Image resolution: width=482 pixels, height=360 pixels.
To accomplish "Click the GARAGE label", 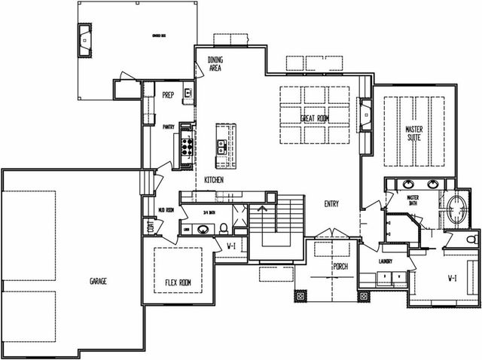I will pyautogui.click(x=98, y=281).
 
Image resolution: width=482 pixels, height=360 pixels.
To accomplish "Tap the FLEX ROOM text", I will pyautogui.click(x=178, y=283).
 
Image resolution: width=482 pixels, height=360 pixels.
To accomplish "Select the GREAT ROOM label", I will pyautogui.click(x=315, y=119).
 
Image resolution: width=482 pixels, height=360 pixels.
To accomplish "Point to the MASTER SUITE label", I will pyautogui.click(x=413, y=133).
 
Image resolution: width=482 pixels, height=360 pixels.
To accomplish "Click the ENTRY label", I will pyautogui.click(x=332, y=204).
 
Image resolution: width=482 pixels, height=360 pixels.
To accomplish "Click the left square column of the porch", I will pyautogui.click(x=301, y=296).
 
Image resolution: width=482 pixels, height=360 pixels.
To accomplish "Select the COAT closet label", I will pyautogui.click(x=151, y=226).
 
